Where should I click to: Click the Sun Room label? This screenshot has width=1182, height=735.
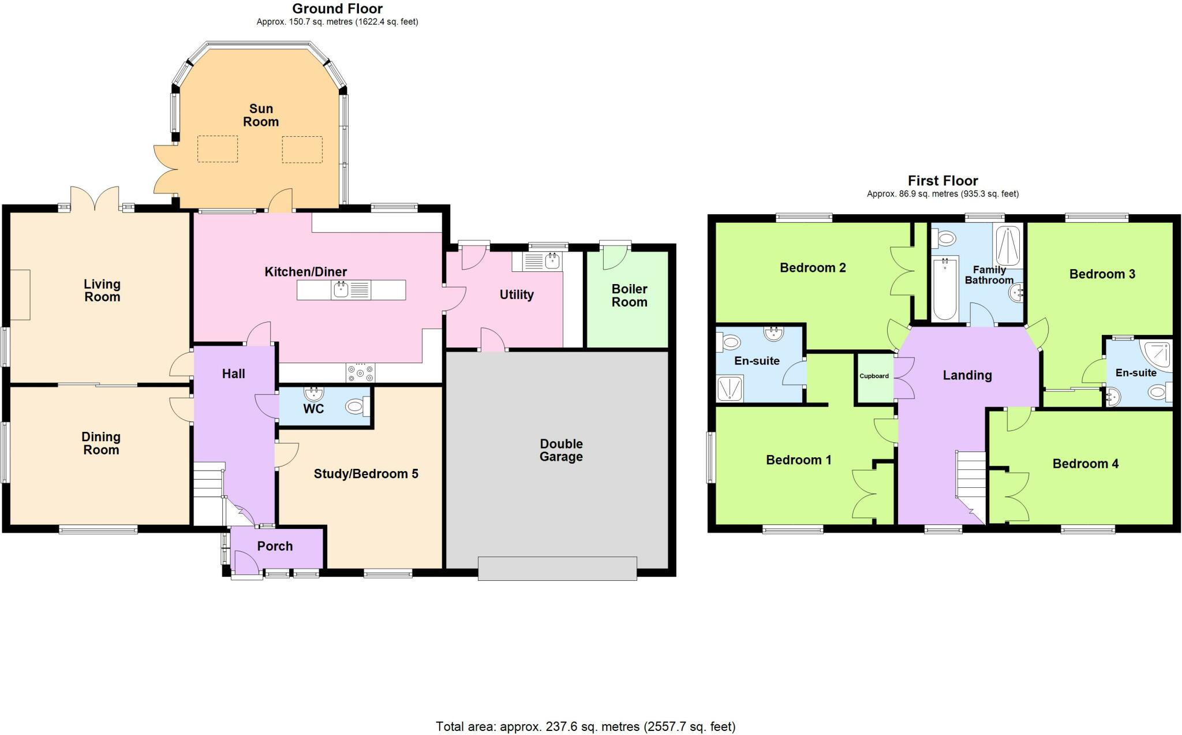coord(261,115)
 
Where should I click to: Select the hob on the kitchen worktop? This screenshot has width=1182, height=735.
coord(360,373)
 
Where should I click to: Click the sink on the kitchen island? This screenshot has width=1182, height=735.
coord(342,289)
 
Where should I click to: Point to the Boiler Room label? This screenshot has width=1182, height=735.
coord(629,295)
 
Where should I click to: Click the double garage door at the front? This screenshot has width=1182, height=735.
coord(557,568)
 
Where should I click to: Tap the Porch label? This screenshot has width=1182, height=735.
coord(275,546)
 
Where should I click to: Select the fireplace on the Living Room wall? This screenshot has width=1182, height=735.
coord(20,294)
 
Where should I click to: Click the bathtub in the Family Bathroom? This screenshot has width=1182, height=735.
coord(945,289)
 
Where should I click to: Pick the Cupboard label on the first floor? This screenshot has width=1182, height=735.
coord(874,376)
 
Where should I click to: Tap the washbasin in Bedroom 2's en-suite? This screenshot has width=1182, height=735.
coord(772,333)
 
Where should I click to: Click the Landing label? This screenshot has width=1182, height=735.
coord(967,375)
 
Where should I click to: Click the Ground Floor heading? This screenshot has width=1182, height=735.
coord(337,9)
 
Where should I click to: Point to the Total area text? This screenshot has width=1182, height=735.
coord(585,726)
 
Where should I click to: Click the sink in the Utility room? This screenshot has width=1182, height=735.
coord(552,260)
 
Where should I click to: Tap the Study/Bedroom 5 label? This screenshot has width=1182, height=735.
coord(365,474)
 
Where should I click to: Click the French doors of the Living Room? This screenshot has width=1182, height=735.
coord(95,199)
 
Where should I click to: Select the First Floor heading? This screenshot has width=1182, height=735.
coord(942,181)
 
